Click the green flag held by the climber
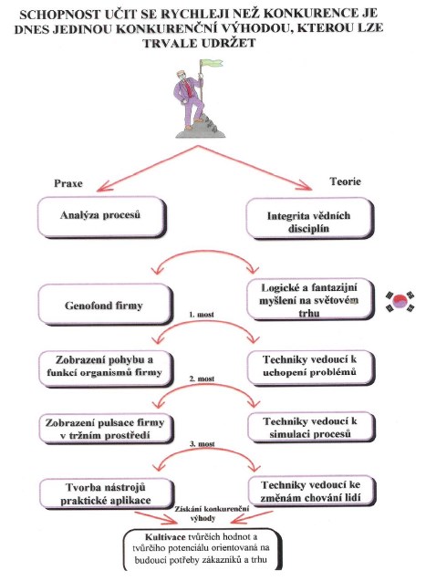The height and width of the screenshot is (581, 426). pos(211,63)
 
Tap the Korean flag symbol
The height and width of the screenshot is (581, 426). pos(400,302)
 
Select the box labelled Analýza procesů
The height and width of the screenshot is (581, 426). pos(101,217)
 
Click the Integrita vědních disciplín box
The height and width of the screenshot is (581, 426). pos(309,218)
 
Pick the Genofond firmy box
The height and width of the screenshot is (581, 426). pos(105,305)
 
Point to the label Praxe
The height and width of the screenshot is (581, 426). pos(68,183)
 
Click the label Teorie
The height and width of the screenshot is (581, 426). pos(345,182)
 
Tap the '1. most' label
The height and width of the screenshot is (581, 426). pos(202,315)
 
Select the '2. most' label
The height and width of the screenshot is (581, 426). pos(202,379)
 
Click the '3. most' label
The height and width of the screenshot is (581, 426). pos(203,443)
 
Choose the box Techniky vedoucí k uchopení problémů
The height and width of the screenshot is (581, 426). pos(311,367)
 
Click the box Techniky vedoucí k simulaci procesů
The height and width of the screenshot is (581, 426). pos(311,427)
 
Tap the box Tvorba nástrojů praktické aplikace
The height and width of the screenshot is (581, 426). pos(107,493)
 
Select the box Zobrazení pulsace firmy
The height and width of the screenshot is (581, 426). pos(106,429)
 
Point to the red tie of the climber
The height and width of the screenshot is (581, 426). pos(190,89)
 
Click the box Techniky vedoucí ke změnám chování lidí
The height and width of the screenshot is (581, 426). pos(311,492)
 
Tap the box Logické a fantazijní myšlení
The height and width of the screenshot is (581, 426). pos(309,299)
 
